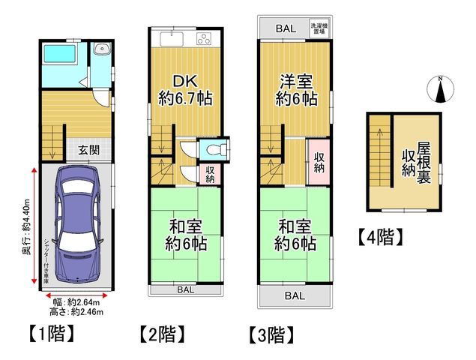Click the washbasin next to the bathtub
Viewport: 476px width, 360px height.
tap(103, 52)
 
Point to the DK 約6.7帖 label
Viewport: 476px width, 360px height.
tap(184, 89)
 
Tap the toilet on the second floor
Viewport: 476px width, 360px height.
tap(210, 148)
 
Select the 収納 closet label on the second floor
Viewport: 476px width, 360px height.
tap(210, 174)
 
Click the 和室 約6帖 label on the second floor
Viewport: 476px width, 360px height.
tap(186, 234)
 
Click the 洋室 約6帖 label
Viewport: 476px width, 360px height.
tap(295, 89)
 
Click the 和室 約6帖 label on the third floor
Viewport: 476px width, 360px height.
tap(295, 234)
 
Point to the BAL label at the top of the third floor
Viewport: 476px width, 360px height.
tap(285, 28)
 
